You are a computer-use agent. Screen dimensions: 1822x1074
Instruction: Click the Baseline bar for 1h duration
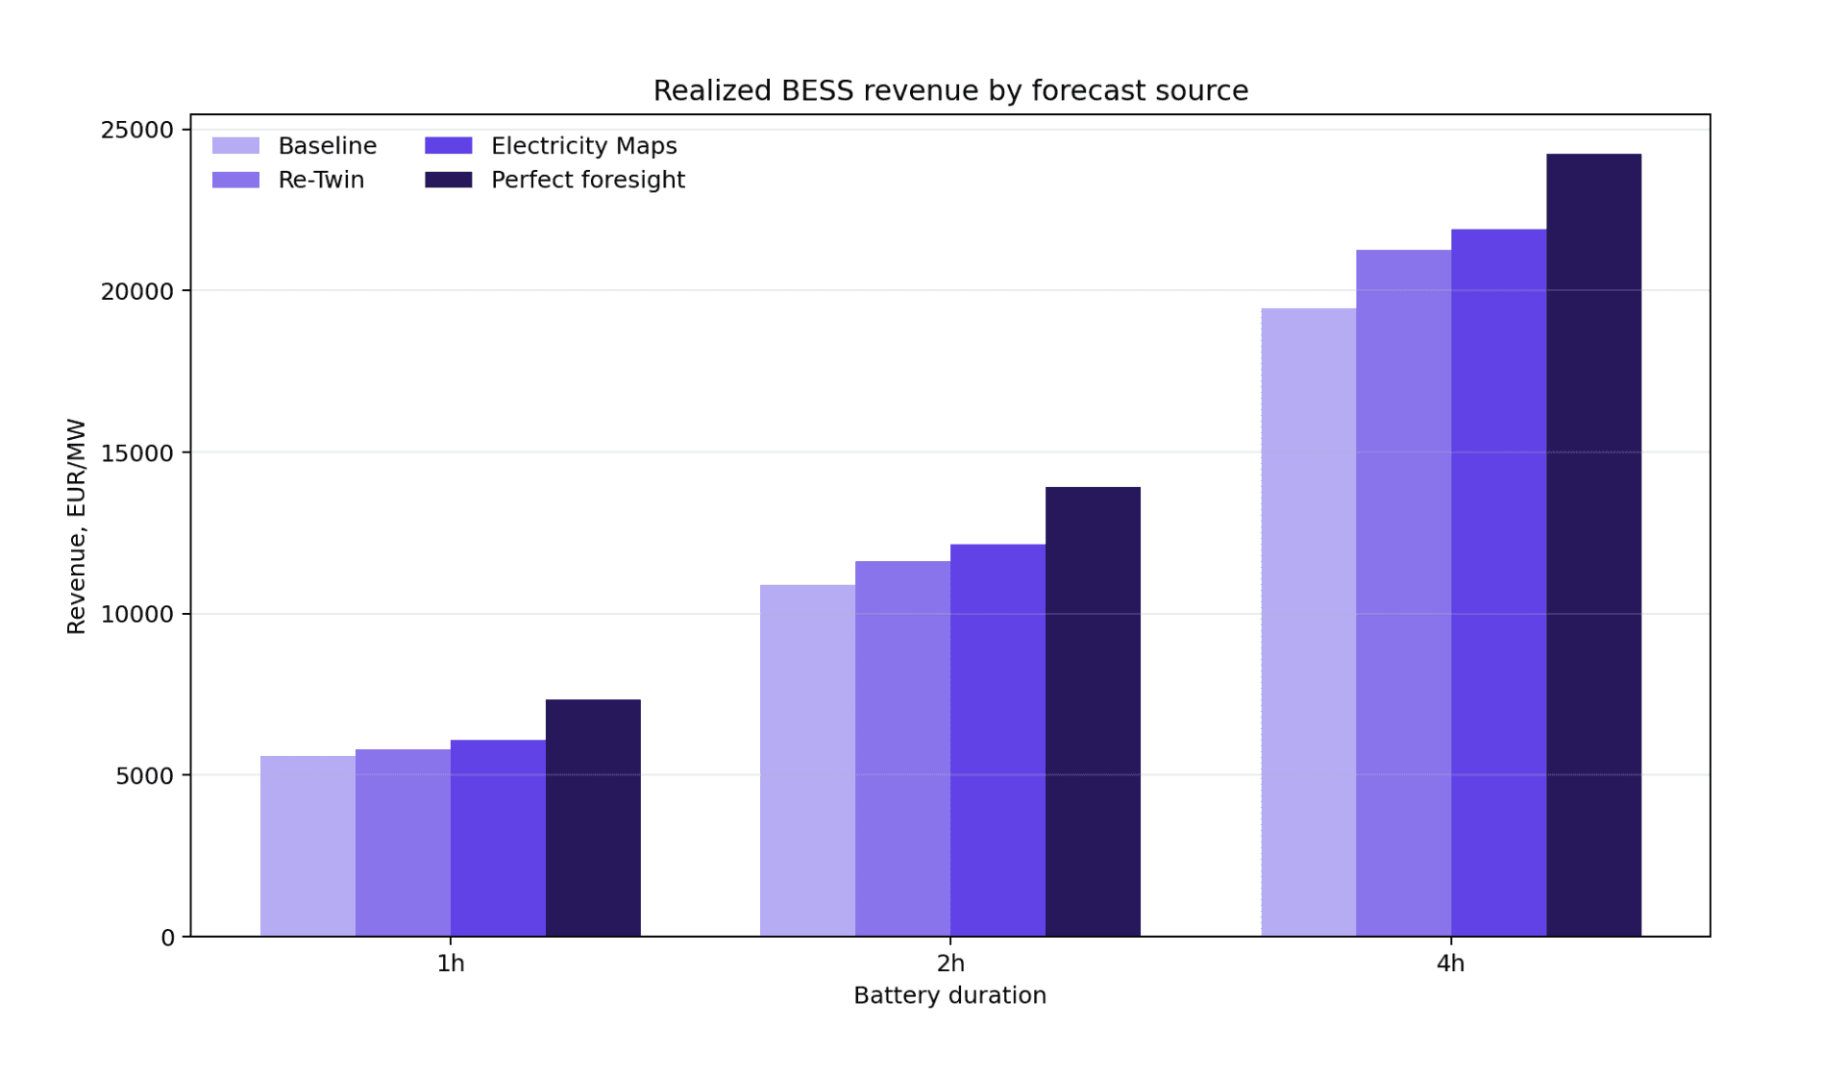coord(308,846)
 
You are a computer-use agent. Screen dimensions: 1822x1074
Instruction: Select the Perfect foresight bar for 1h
coord(593,818)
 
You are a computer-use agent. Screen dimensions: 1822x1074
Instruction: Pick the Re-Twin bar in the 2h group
coord(902,748)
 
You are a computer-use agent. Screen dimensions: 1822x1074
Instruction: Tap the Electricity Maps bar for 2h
coord(997,741)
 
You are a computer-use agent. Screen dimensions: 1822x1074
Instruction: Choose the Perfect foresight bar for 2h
coord(1093,712)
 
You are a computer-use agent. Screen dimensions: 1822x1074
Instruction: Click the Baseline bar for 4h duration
coord(1309,622)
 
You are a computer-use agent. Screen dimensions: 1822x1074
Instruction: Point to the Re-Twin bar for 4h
coord(1404,593)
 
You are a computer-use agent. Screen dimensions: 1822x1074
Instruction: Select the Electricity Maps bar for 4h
coord(1499,583)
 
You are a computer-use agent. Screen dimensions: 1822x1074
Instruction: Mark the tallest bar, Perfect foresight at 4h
coord(1594,545)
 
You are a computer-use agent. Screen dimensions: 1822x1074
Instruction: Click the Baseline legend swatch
coord(235,145)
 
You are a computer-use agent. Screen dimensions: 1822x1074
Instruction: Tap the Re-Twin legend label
coord(321,180)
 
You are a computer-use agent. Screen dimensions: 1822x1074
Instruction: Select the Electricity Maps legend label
coord(584,146)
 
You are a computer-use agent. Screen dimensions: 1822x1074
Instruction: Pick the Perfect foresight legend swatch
coord(449,180)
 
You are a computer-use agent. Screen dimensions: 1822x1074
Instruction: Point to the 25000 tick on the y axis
coord(137,130)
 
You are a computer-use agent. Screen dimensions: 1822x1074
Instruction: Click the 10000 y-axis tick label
coord(137,614)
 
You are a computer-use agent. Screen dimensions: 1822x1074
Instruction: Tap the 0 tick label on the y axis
coord(168,938)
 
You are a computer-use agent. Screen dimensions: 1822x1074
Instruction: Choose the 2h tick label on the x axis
coord(950,964)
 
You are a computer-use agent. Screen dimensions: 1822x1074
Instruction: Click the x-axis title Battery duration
coord(949,995)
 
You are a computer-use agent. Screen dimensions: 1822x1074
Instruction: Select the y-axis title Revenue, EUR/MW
coord(76,526)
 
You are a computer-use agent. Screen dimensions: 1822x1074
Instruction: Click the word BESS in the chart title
coord(817,90)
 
